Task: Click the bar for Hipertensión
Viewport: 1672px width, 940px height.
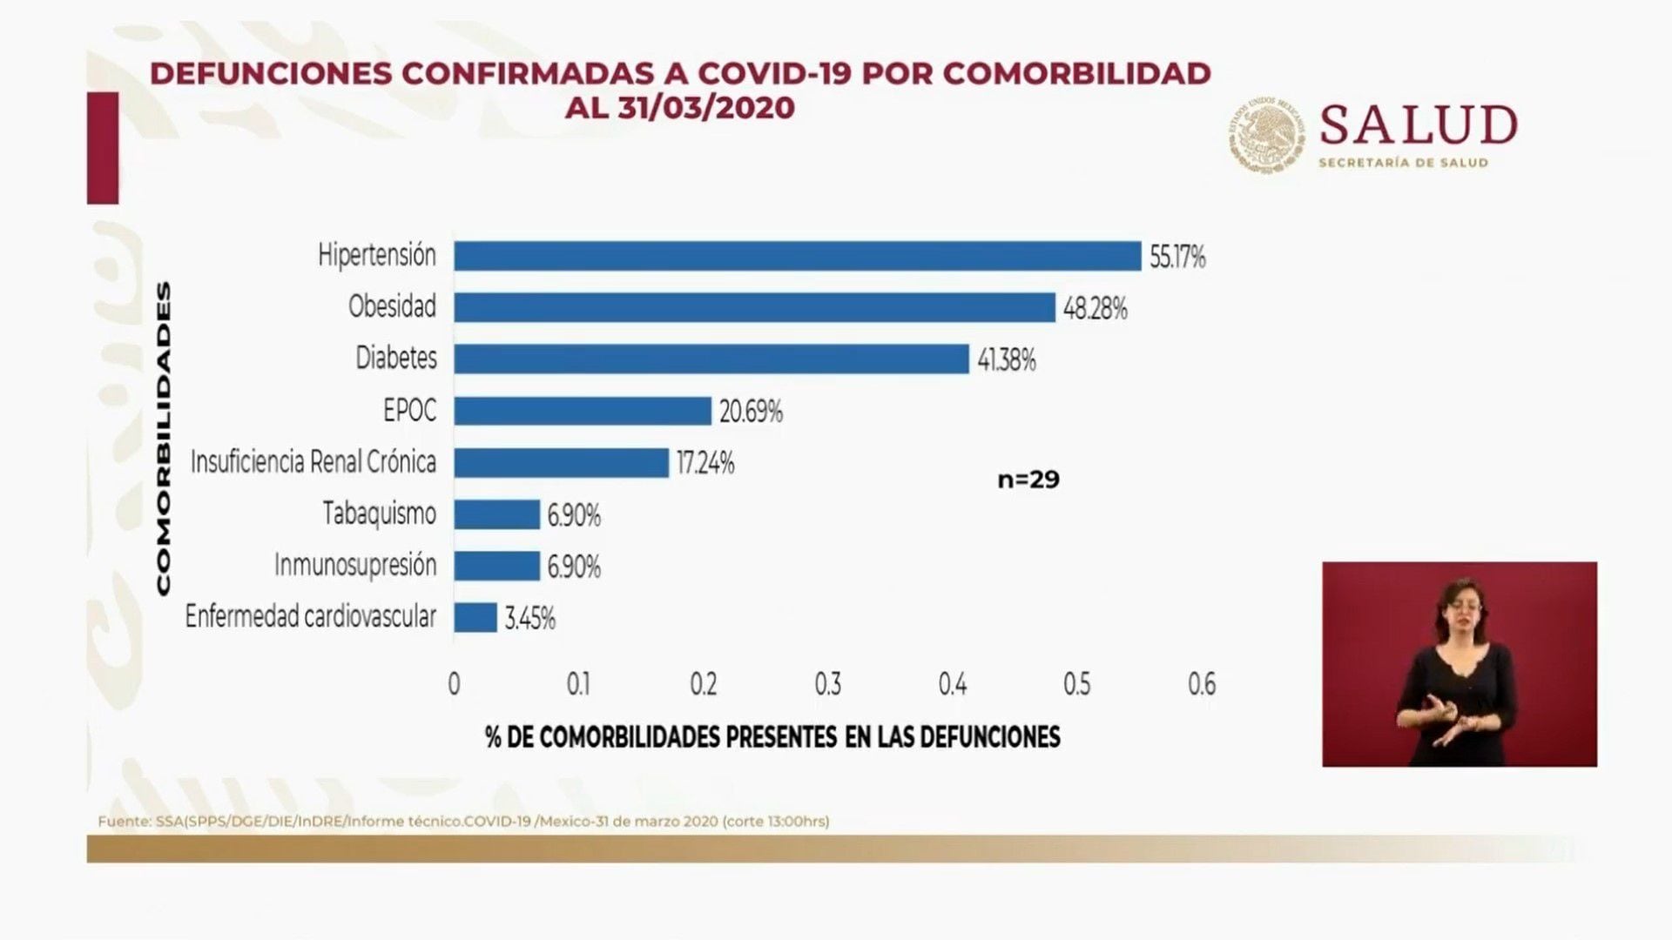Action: (797, 256)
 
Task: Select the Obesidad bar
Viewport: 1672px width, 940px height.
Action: (754, 307)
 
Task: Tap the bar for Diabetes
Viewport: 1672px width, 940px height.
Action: (711, 359)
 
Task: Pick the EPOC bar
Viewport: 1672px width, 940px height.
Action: (583, 411)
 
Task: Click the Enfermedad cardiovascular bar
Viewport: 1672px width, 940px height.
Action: (475, 618)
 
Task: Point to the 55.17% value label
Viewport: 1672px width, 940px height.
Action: (1177, 257)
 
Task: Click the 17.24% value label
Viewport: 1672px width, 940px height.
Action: (705, 463)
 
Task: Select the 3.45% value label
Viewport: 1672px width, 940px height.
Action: (530, 619)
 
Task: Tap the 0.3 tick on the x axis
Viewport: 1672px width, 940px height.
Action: (827, 685)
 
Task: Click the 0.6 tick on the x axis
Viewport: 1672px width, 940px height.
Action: (1202, 685)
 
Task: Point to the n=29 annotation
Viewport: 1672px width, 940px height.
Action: (1028, 480)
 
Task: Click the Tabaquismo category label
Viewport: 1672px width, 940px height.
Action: (380, 514)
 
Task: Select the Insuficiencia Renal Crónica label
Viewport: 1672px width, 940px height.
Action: (313, 461)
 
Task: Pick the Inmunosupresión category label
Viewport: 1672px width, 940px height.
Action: (355, 565)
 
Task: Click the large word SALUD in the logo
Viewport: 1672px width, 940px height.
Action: (1419, 125)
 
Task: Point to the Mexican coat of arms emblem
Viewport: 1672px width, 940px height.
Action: (1267, 133)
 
